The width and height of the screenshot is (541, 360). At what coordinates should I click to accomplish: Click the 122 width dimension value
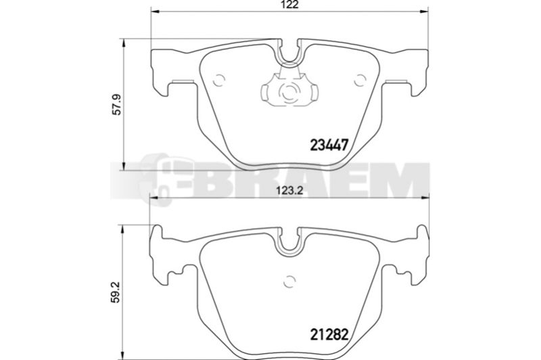tap(289, 5)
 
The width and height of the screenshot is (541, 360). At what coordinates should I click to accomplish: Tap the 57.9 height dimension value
tap(118, 106)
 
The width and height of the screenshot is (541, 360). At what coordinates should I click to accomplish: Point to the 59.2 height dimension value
tap(116, 292)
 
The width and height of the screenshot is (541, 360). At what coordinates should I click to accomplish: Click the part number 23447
tap(329, 145)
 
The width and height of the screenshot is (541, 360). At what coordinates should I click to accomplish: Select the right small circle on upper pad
tap(360, 81)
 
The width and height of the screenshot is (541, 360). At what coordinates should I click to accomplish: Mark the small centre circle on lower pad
tap(290, 282)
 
